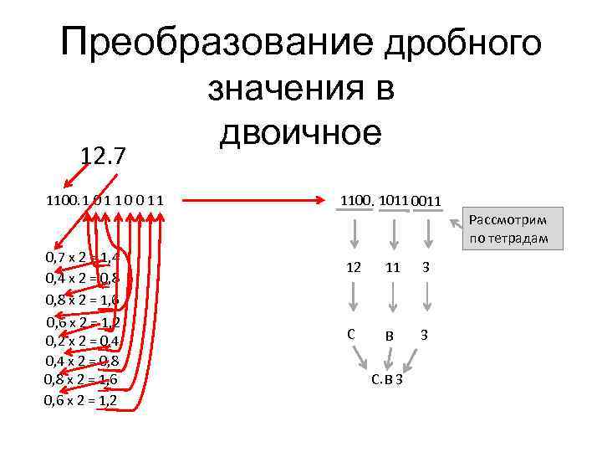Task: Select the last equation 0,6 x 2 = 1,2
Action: pos(80,400)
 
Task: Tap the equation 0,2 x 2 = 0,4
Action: pos(82,341)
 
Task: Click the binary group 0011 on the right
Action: pos(426,202)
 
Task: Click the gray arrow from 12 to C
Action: pos(354,297)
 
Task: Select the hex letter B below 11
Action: pos(390,336)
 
